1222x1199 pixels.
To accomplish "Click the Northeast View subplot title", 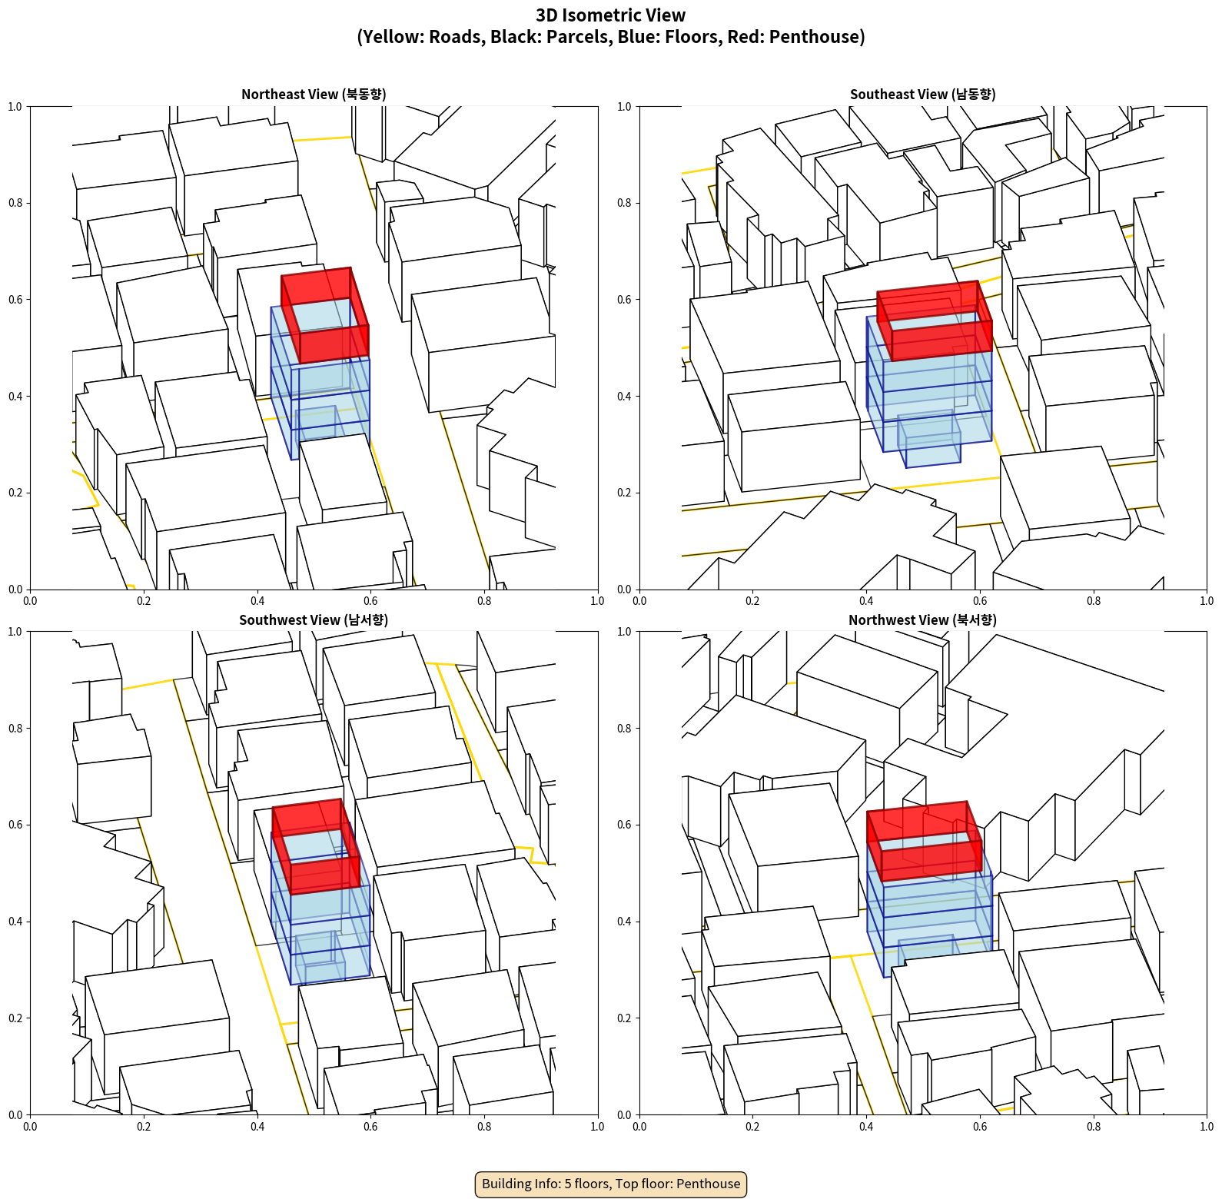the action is (314, 94).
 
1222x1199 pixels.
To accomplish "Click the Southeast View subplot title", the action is (922, 94).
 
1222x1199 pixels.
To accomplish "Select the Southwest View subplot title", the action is (314, 619).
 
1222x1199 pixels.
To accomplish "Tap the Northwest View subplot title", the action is (922, 619).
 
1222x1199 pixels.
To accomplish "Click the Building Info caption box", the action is (611, 1184).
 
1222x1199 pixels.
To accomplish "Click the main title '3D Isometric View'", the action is (611, 15).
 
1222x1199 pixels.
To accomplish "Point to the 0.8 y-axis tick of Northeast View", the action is (15, 203).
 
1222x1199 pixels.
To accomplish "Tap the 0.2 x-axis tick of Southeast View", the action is (752, 601).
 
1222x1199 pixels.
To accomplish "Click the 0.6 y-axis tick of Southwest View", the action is (15, 825).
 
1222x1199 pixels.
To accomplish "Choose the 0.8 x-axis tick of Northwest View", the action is (1094, 1127).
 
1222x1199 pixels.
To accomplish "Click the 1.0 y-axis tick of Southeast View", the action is (625, 106).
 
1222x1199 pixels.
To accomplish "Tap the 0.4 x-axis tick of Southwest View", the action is (257, 1127).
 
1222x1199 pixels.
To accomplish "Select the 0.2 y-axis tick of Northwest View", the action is (625, 1018).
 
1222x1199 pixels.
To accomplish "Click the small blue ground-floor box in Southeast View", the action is (929, 440).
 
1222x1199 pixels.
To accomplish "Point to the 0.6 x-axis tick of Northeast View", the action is (370, 601).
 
